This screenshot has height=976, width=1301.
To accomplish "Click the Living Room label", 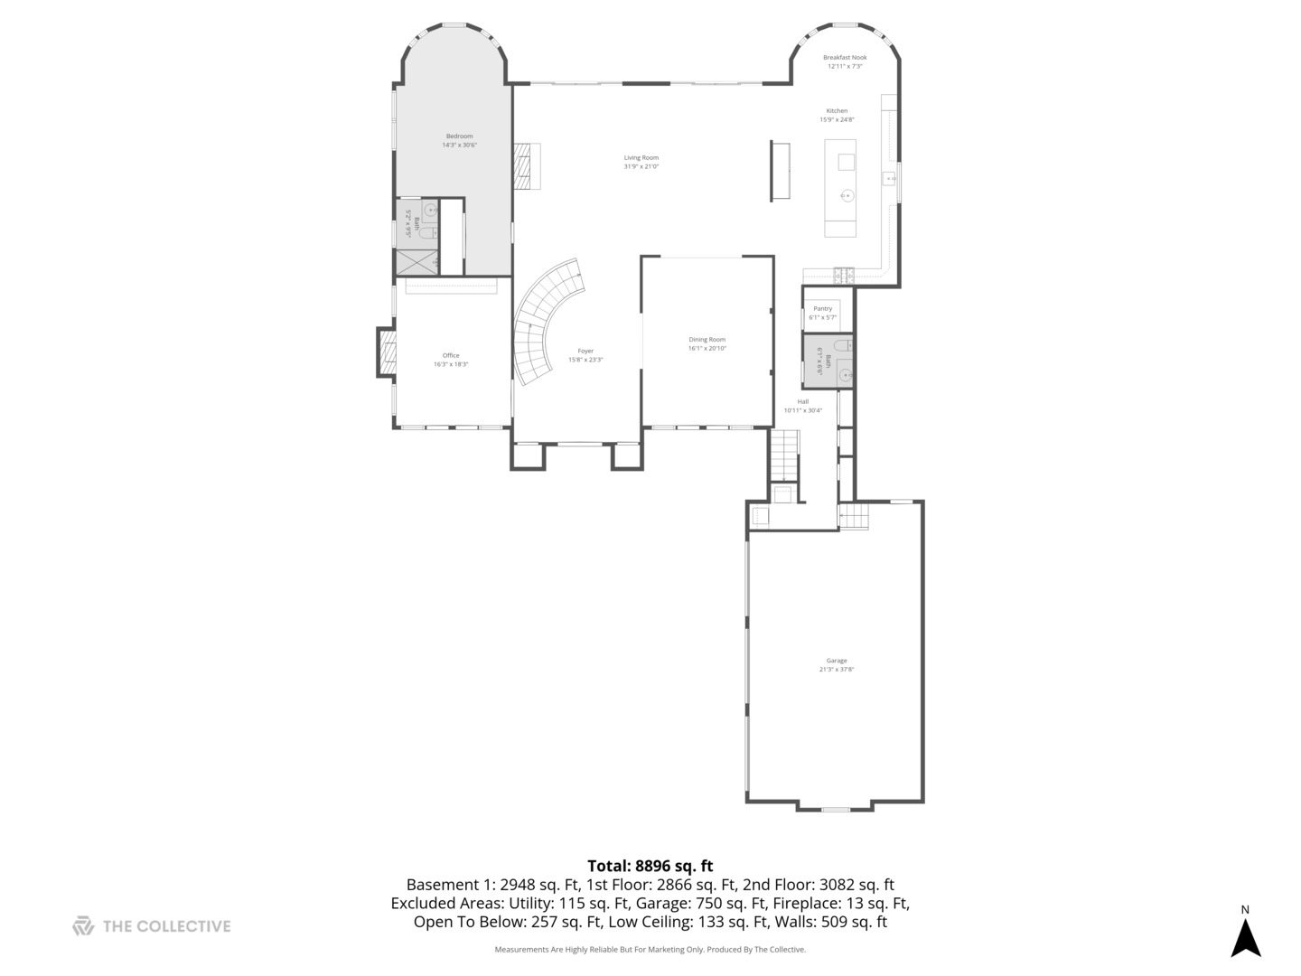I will [641, 157].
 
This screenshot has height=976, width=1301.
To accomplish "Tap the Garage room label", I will [836, 661].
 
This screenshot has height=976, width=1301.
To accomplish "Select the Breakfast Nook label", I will [844, 57].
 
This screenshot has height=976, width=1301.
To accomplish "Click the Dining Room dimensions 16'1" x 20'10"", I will [707, 348].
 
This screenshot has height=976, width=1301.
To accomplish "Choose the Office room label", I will [450, 355].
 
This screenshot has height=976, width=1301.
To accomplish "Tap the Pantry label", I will [822, 308].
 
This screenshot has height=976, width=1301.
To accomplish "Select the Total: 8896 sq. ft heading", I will [650, 866].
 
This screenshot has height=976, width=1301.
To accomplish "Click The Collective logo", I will [83, 925].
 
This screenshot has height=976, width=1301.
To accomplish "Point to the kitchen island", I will [839, 188].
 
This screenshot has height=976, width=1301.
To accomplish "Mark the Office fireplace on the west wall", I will [387, 352].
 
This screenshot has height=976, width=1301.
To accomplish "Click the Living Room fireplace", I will [525, 166].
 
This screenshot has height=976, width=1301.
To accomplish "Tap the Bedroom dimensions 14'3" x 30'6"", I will [459, 145].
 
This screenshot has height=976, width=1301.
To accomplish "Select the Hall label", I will [802, 401].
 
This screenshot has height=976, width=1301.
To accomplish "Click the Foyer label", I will [585, 351].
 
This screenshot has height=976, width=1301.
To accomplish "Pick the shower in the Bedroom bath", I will [417, 261].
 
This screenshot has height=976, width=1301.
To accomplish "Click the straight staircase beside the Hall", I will [784, 455].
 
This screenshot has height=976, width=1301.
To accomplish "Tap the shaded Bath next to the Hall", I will [827, 361].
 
